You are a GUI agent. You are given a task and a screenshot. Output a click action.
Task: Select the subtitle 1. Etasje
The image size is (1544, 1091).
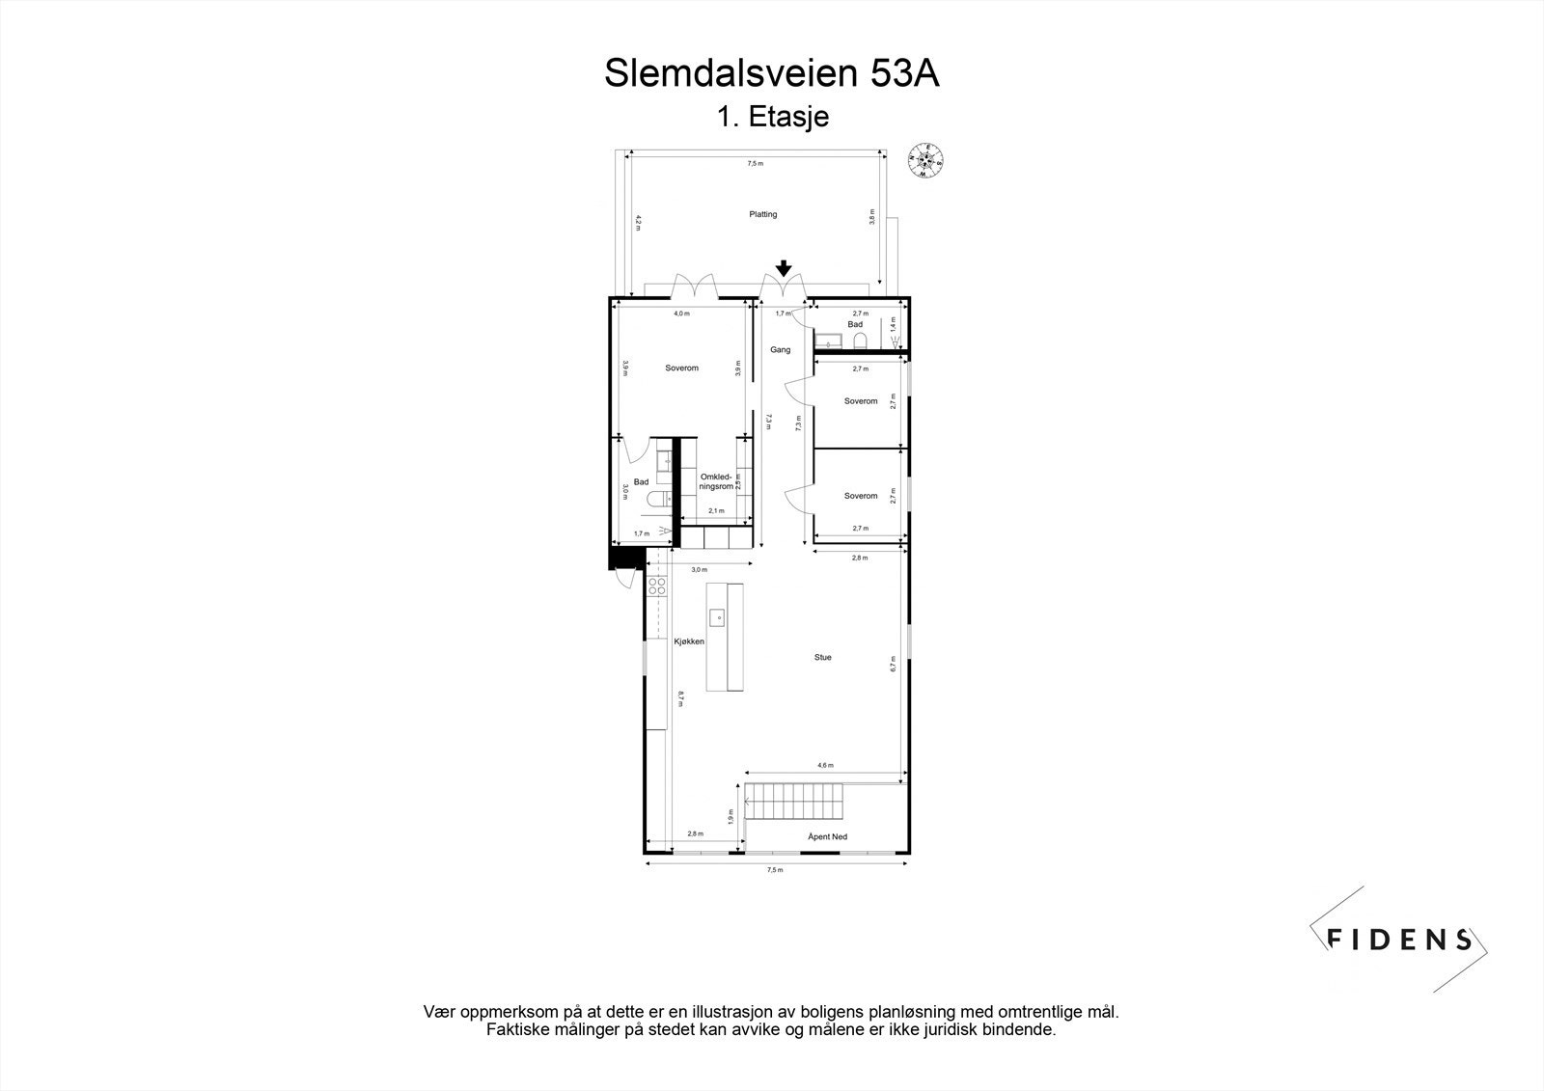coord(772,118)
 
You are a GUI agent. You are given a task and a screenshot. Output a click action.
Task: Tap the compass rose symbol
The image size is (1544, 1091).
coord(925,161)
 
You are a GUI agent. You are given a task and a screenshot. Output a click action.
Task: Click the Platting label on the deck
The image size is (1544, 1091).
coord(762,214)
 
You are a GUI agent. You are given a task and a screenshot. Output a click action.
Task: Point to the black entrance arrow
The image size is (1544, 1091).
coord(784,269)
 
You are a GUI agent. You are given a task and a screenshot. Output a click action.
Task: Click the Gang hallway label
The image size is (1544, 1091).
coord(780,349)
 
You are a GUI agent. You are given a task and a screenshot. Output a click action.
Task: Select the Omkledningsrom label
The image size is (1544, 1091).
coord(715,481)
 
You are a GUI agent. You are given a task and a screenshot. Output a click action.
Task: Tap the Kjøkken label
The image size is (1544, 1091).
coord(689,641)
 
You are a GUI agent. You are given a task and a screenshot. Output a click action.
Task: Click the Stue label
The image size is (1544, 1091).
coord(822,657)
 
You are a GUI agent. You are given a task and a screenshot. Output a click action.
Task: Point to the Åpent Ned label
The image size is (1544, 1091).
coord(827,836)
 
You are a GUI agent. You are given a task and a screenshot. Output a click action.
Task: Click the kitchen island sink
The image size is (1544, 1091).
coord(720,616)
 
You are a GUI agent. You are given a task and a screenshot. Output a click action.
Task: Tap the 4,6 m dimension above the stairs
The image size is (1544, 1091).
coord(825,765)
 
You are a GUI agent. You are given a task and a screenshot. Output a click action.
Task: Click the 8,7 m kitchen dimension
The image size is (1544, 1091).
coord(680,698)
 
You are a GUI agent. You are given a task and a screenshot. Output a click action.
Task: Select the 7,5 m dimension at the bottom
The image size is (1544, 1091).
coord(774,869)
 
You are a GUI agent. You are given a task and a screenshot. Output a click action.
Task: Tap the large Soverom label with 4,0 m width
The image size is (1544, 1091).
coord(681,368)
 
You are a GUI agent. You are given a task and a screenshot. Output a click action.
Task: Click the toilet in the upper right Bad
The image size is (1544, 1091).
coord(873,340)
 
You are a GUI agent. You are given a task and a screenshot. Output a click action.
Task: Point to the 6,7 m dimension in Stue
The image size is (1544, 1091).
coord(894,665)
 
